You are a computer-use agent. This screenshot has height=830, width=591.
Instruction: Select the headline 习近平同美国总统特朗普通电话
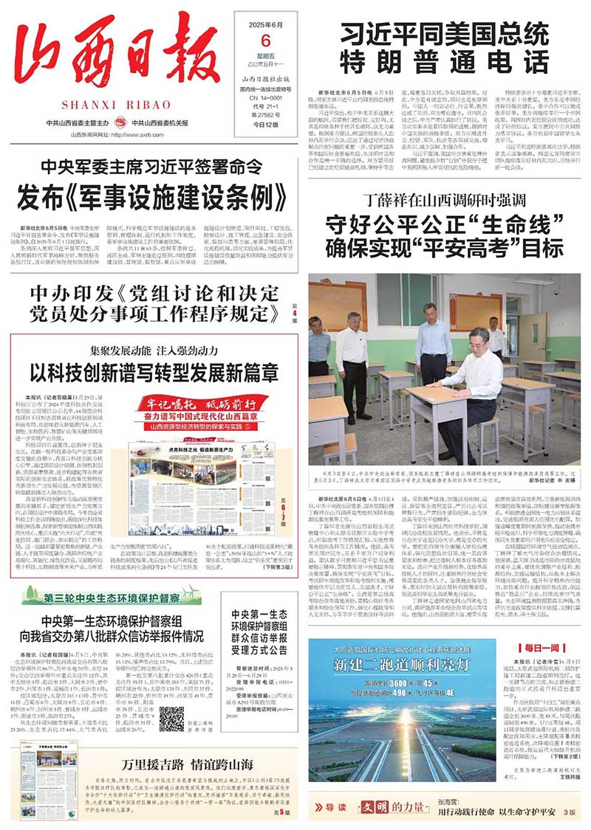click(x=444, y=44)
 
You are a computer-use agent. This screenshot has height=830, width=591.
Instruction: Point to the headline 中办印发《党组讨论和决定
click(x=148, y=294)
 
